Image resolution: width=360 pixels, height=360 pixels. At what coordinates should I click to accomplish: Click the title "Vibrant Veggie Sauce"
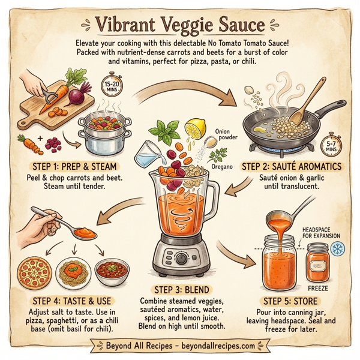pyautogui.click(x=179, y=25)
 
